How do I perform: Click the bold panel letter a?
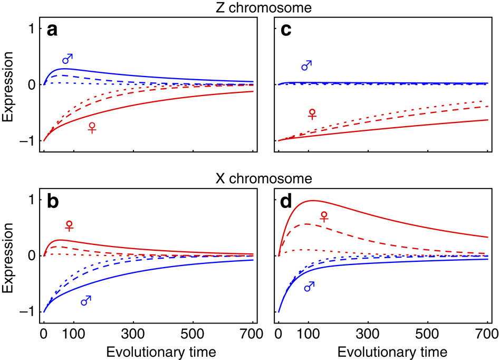(52, 30)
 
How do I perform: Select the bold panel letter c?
(286, 30)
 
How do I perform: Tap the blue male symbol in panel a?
(68, 59)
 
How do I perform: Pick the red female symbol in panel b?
(69, 225)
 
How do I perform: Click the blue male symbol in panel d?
(310, 286)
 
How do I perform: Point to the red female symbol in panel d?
(324, 216)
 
